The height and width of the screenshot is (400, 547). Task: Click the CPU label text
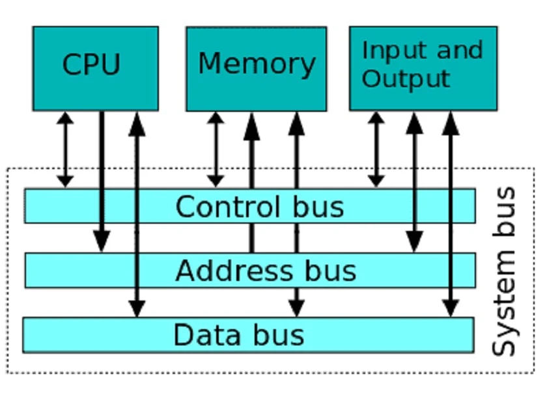point(92,64)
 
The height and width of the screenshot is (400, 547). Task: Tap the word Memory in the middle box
point(257,64)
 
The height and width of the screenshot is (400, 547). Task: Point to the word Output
point(406,79)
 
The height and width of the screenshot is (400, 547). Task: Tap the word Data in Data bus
point(201,335)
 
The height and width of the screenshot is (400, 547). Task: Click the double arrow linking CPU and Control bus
point(64,150)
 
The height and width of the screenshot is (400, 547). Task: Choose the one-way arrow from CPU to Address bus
point(101,176)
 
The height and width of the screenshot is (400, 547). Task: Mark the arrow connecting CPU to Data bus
point(136,215)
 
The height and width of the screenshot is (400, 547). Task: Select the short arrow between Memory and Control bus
point(216,150)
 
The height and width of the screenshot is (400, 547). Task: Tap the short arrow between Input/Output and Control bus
point(376,150)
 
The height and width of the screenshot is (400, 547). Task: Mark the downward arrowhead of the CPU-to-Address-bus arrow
point(101,242)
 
